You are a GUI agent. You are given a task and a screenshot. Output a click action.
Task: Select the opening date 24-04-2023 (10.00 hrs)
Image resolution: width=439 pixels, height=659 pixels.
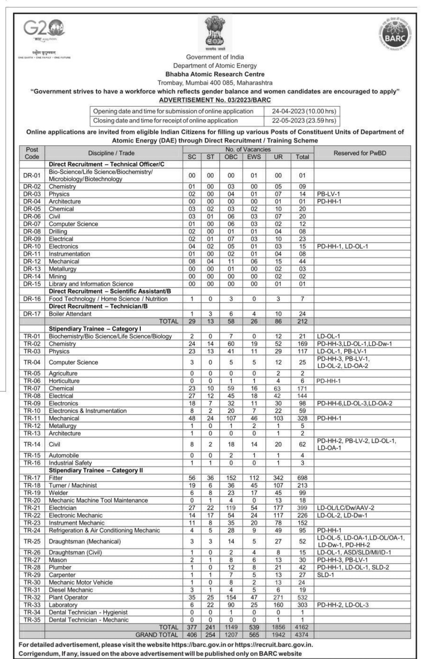pyautogui.click(x=303, y=111)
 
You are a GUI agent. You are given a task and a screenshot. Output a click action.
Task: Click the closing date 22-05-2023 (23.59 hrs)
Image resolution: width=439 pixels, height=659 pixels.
pyautogui.click(x=303, y=121)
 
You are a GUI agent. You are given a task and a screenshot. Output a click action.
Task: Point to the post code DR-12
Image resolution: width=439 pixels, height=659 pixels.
pyautogui.click(x=32, y=261)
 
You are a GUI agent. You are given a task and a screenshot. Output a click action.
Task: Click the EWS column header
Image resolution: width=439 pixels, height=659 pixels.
pyautogui.click(x=254, y=157)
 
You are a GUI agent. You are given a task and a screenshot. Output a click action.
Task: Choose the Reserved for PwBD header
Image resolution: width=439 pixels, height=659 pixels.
pyautogui.click(x=360, y=153)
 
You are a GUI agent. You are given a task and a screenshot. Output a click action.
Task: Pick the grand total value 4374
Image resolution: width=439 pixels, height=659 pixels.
pyautogui.click(x=302, y=634)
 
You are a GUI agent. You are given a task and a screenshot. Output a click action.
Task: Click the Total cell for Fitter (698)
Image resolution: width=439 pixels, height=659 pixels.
pyautogui.click(x=302, y=478)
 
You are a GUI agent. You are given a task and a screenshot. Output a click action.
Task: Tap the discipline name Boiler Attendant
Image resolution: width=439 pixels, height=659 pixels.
pyautogui.click(x=70, y=314)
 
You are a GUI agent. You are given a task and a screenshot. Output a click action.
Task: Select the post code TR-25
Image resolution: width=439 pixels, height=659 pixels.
pyautogui.click(x=32, y=541)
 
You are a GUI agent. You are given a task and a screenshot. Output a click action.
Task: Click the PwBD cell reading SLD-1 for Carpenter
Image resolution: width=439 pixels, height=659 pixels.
pyautogui.click(x=325, y=575)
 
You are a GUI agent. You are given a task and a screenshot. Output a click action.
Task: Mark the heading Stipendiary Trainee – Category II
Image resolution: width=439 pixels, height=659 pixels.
pyautogui.click(x=96, y=470)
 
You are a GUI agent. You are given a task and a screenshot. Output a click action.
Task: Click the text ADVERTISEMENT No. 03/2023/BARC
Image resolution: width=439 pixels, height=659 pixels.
pyautogui.click(x=215, y=100)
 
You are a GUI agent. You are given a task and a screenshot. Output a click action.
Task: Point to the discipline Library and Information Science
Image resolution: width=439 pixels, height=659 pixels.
pyautogui.click(x=91, y=284)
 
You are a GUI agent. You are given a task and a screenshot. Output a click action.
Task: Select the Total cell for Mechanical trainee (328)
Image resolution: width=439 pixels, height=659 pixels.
pyautogui.click(x=302, y=418)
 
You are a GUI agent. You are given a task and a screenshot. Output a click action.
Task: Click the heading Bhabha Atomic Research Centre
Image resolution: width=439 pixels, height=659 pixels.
pyautogui.click(x=215, y=74)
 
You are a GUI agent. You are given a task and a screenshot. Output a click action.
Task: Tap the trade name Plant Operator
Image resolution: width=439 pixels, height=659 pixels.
pyautogui.click(x=68, y=597)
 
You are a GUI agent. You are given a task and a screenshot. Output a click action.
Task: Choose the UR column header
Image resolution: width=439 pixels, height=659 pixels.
pyautogui.click(x=278, y=157)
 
